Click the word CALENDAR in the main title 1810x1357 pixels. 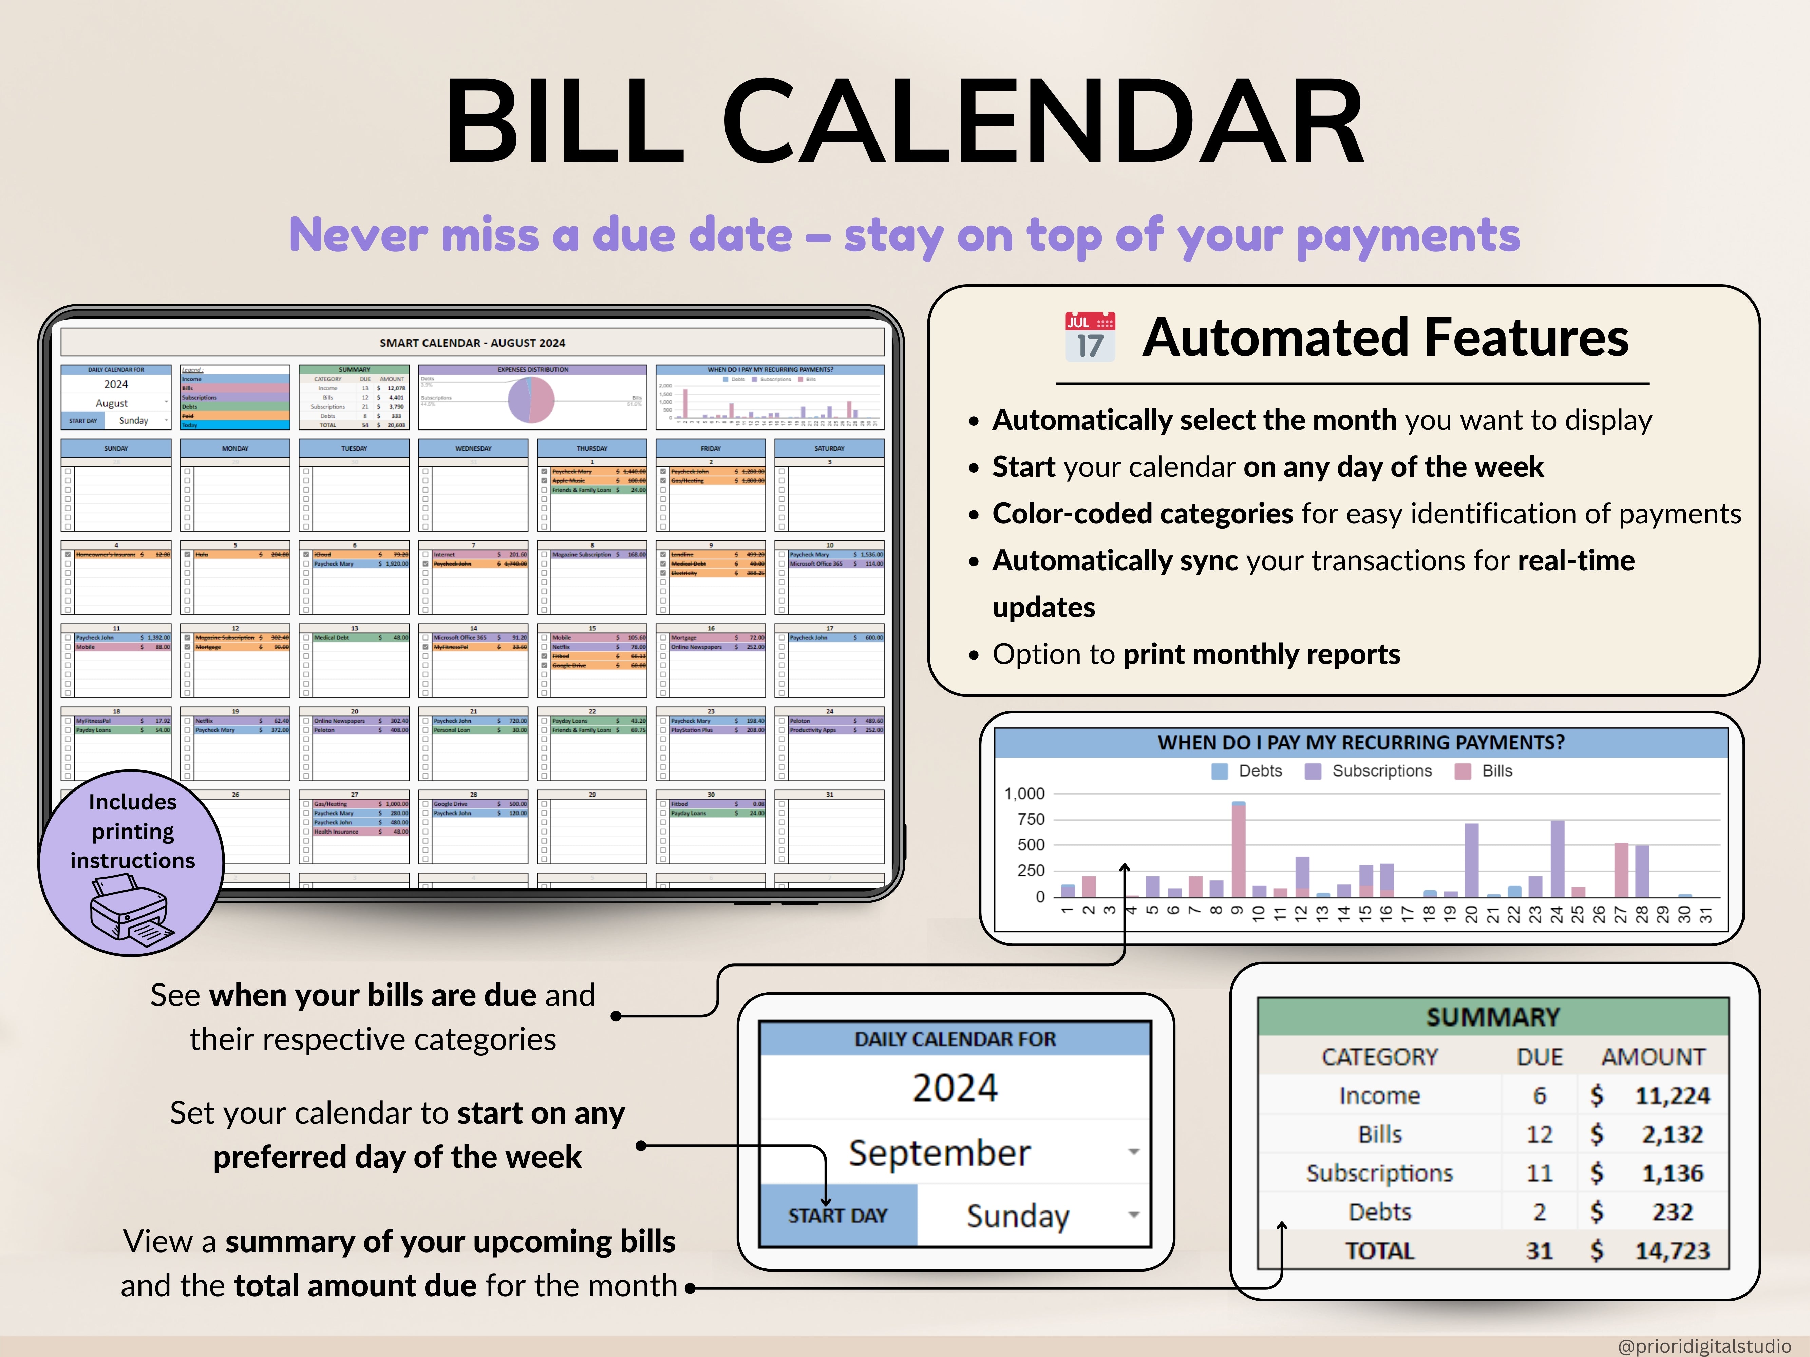(1043, 123)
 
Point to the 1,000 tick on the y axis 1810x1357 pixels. (1024, 794)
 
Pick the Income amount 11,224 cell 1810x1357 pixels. (1672, 1095)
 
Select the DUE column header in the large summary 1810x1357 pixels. (1539, 1057)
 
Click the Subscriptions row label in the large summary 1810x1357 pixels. (1380, 1173)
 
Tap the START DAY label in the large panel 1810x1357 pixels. (838, 1216)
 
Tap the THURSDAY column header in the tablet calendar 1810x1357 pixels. (591, 448)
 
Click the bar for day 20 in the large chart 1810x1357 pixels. (1471, 860)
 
